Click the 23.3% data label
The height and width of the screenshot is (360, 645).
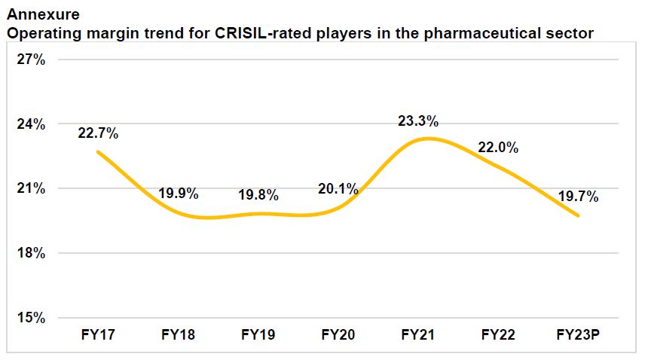[418, 121]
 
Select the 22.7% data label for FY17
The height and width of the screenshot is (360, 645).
[98, 133]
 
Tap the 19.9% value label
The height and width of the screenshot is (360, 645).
[178, 194]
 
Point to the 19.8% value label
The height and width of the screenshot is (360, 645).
[258, 195]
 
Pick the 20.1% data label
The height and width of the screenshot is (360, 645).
[338, 189]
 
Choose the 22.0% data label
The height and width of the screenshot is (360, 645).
[498, 148]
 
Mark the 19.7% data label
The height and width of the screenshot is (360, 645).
[578, 197]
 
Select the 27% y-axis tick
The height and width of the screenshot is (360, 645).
[32, 59]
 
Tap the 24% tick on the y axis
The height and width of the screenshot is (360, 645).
[32, 124]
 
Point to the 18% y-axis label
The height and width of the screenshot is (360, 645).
[32, 253]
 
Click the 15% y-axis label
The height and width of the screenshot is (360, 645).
[32, 318]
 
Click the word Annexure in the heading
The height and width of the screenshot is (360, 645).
[42, 14]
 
